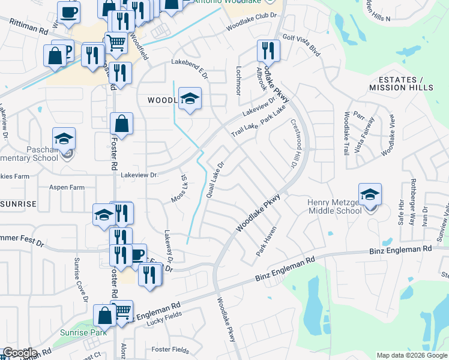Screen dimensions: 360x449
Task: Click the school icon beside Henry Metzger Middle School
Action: pos(370,195)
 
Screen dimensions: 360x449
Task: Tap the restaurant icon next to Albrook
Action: pos(268,50)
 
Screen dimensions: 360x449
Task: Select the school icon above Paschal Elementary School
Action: pos(64,139)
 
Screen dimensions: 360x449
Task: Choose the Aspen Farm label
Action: pos(67,187)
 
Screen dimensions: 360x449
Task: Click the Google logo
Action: pos(20,353)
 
